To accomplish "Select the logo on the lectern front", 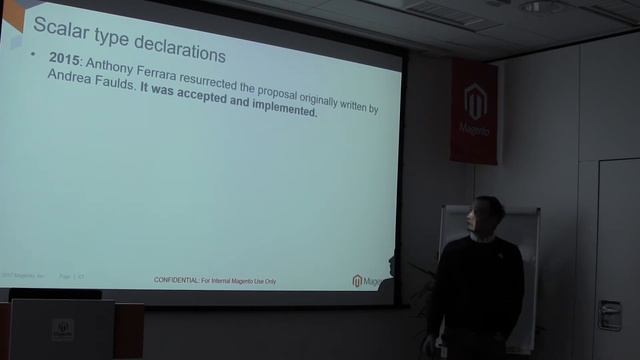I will click(x=62, y=330).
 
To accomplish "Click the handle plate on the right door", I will click(x=609, y=315).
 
